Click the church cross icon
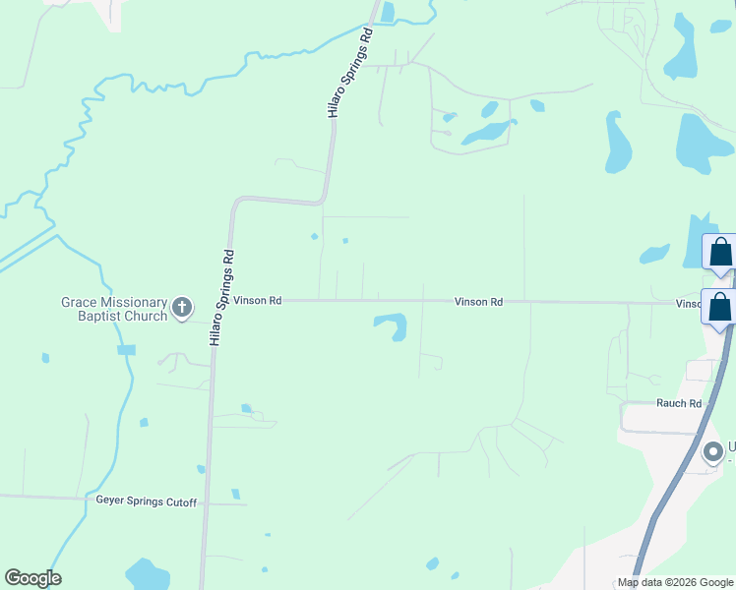pyautogui.click(x=181, y=309)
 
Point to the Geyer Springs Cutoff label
pyautogui.click(x=146, y=502)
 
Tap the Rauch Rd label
pyautogui.click(x=679, y=403)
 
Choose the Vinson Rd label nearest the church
pyautogui.click(x=258, y=301)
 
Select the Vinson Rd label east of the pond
pyautogui.click(x=479, y=302)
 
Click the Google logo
pyautogui.click(x=32, y=578)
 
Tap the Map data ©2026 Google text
pyautogui.click(x=675, y=583)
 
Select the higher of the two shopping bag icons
pyautogui.click(x=720, y=253)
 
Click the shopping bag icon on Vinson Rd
pyautogui.click(x=719, y=306)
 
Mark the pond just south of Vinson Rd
pyautogui.click(x=393, y=324)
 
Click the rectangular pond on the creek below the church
pyautogui.click(x=126, y=350)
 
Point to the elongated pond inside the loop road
pyautogui.click(x=489, y=132)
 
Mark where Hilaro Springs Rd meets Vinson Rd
pyautogui.click(x=217, y=300)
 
